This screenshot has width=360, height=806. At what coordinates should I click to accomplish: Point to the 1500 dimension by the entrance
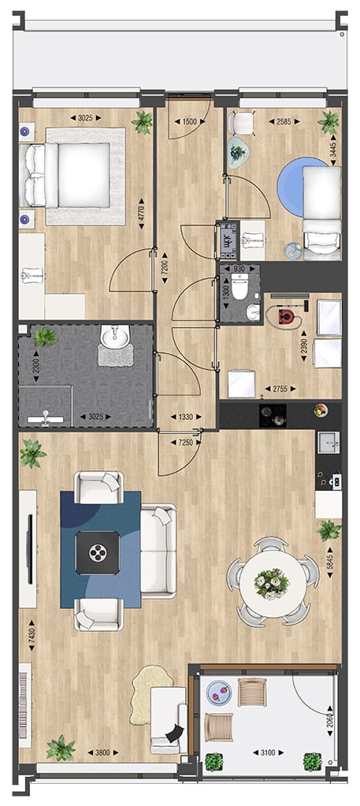click(x=188, y=122)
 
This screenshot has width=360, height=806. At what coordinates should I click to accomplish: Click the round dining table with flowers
click(x=271, y=582)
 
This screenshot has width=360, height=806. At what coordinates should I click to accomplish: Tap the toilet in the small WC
click(x=239, y=287)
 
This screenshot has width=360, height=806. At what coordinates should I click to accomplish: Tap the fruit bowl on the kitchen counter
click(x=320, y=410)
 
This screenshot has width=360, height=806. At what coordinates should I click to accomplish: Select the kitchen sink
click(x=328, y=443)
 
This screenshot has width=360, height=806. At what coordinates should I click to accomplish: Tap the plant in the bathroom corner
click(x=45, y=337)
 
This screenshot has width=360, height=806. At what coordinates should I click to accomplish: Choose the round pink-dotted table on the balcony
click(x=218, y=694)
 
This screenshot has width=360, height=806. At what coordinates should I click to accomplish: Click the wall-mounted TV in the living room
click(x=30, y=549)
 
